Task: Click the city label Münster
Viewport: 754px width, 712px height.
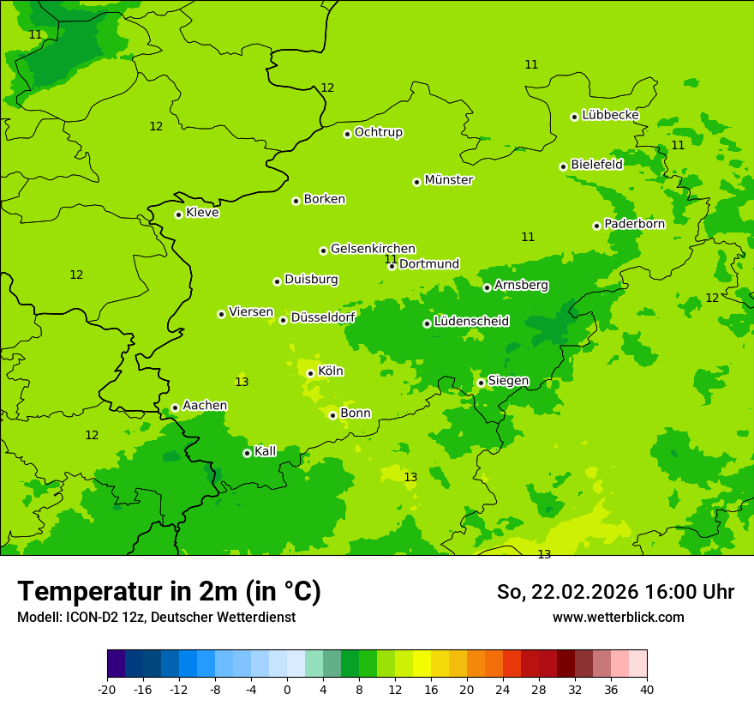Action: click(449, 180)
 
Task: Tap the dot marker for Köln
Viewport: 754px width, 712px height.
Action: click(310, 373)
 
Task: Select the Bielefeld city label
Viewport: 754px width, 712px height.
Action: click(596, 165)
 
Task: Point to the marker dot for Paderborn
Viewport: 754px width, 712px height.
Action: click(597, 226)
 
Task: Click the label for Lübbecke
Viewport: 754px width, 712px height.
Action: click(610, 115)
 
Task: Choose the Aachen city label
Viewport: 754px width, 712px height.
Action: click(205, 406)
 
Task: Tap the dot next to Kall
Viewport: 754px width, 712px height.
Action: click(247, 453)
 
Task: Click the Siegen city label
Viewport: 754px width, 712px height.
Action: click(508, 381)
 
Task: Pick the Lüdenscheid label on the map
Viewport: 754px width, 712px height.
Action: click(471, 322)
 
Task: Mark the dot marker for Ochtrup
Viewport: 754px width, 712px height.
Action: click(347, 134)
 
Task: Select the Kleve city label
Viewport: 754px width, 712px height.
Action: click(202, 213)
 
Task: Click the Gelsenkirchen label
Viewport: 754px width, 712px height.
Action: click(373, 249)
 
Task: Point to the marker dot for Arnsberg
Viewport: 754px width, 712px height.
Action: click(487, 287)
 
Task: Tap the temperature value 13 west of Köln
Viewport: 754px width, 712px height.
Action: click(242, 382)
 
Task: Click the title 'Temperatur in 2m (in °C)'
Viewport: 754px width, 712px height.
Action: click(169, 592)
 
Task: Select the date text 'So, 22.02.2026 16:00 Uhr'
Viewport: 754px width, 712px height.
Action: click(615, 592)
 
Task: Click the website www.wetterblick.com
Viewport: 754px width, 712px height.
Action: click(618, 618)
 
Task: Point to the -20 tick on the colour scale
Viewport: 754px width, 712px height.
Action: click(107, 689)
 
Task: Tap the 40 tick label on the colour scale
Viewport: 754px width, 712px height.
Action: click(647, 689)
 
